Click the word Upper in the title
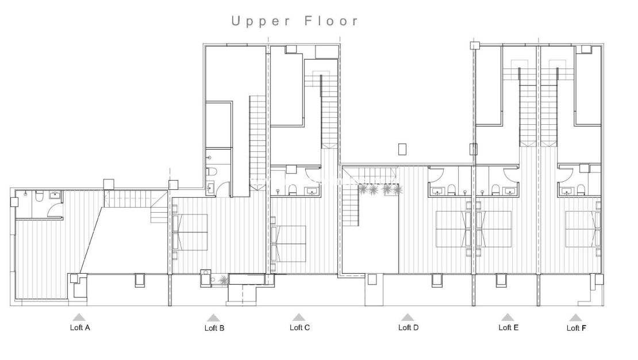pyautogui.click(x=258, y=21)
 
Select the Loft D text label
pyautogui.click(x=408, y=328)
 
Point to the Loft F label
pyautogui.click(x=576, y=328)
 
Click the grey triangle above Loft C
pyautogui.click(x=298, y=317)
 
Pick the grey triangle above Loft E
pyautogui.click(x=507, y=317)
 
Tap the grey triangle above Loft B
pyautogui.click(x=214, y=317)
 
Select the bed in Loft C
pyautogui.click(x=289, y=243)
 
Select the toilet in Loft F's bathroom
pyautogui.click(x=582, y=190)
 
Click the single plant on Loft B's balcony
pyautogui.click(x=223, y=280)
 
